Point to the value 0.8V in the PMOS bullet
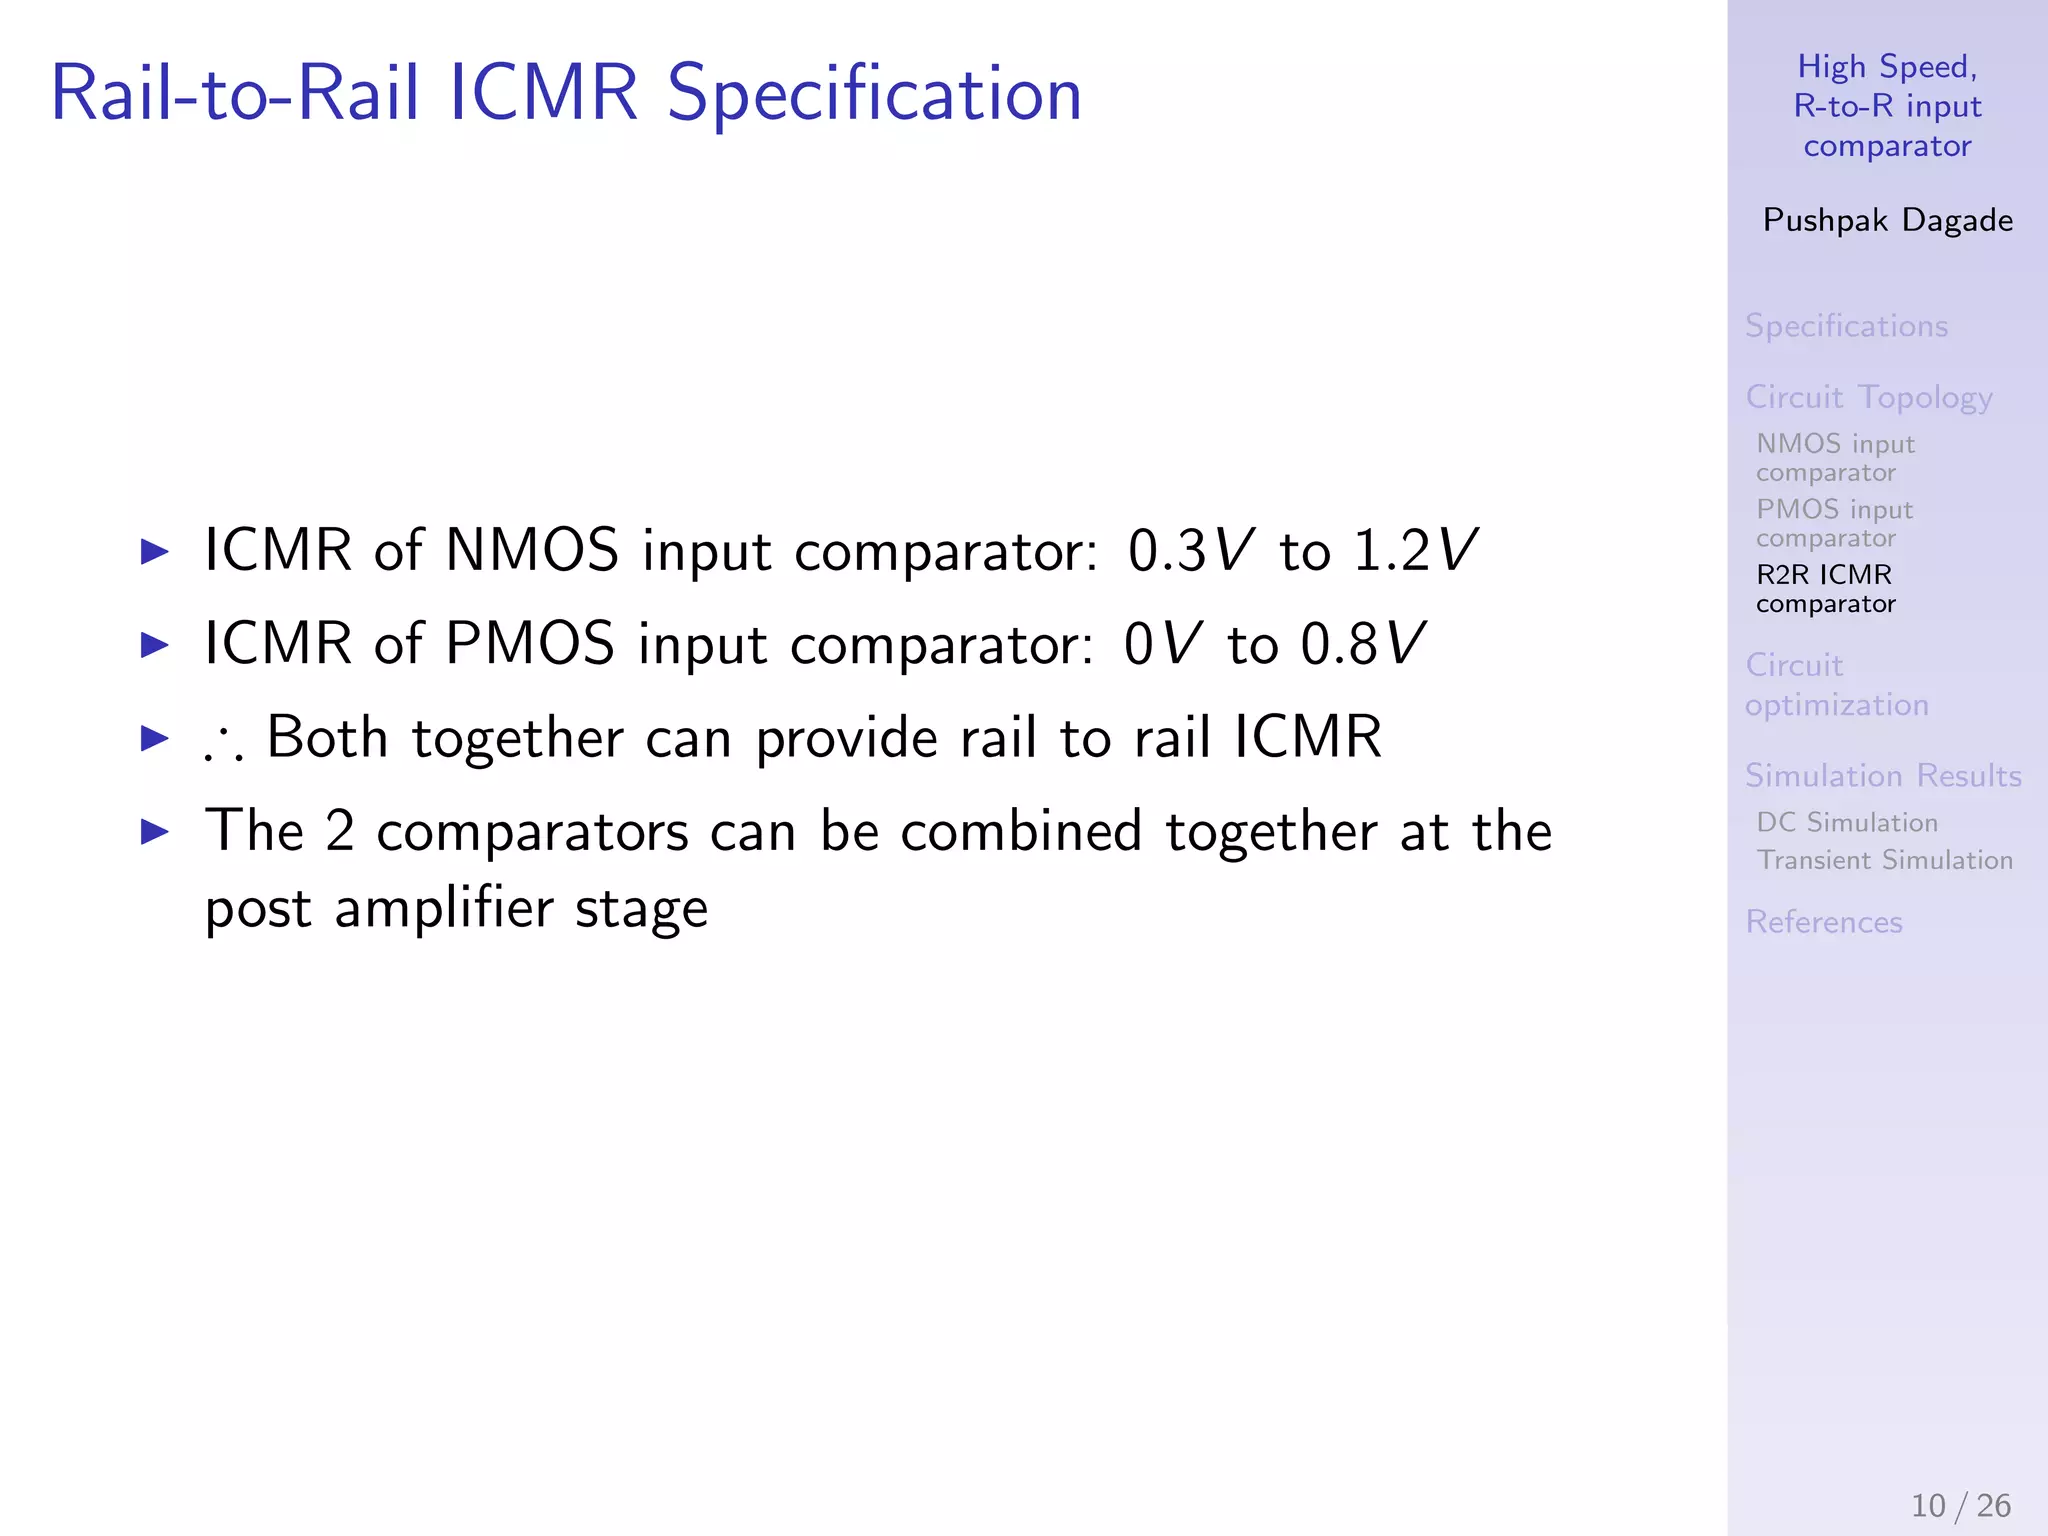coord(1362,643)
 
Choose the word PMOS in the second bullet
coord(530,643)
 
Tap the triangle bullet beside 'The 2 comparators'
coord(155,830)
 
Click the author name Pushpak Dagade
coord(1887,220)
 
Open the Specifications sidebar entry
coord(1846,326)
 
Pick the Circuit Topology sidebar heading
coord(1868,398)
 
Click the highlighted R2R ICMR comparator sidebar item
coord(1825,589)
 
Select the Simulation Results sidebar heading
coord(1883,776)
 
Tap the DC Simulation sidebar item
coord(1847,822)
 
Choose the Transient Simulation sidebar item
coord(1884,860)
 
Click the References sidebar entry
coord(1823,922)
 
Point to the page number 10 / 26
coord(1960,1505)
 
